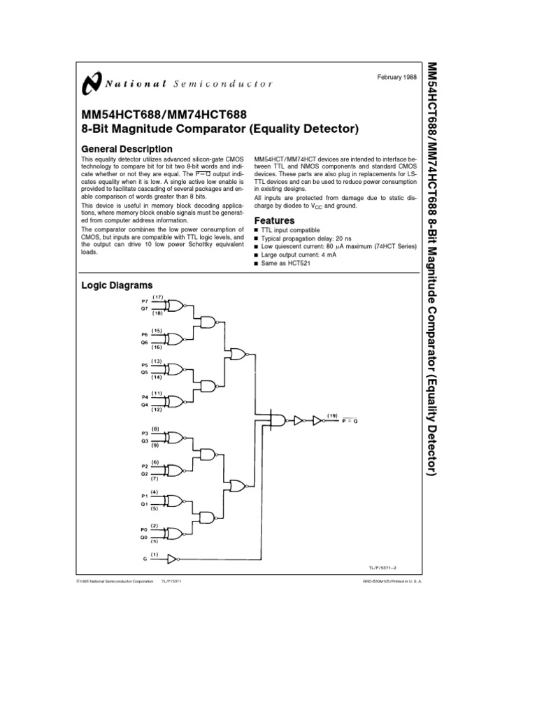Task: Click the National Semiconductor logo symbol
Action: [91, 83]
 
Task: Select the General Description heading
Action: [127, 149]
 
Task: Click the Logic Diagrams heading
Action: [117, 286]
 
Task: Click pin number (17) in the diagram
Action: [157, 297]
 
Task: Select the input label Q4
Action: [144, 405]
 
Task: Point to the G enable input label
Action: [144, 559]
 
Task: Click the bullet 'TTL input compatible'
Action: [291, 230]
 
